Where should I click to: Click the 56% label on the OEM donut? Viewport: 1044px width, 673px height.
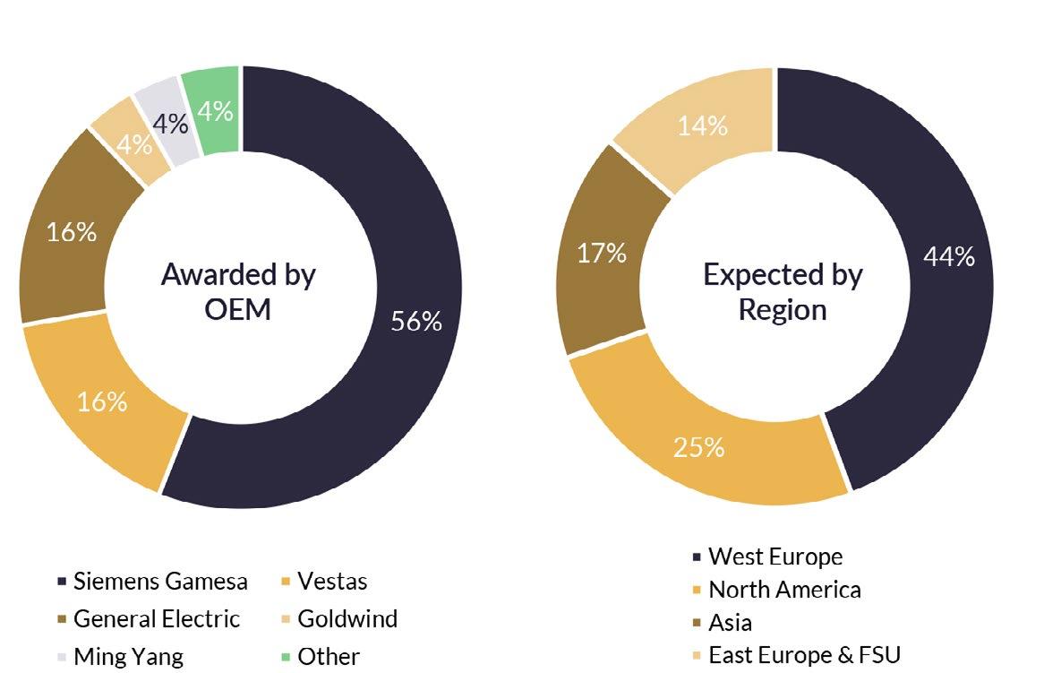click(x=416, y=321)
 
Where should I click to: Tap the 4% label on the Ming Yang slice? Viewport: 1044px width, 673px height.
click(x=170, y=124)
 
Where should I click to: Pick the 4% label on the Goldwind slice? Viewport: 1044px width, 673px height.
click(x=134, y=144)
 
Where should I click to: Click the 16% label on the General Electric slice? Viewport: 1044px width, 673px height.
click(x=72, y=232)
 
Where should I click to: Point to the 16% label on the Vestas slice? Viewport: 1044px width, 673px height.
click(x=102, y=401)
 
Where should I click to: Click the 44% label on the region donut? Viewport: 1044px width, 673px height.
click(x=949, y=256)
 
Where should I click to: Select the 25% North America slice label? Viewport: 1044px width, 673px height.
click(x=698, y=447)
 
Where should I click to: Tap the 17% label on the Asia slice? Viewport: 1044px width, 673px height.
click(x=601, y=253)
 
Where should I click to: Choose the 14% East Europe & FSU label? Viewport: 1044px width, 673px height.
click(x=703, y=125)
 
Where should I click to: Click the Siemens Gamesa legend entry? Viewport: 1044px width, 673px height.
click(x=153, y=582)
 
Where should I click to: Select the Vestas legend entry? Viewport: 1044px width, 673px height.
click(x=324, y=582)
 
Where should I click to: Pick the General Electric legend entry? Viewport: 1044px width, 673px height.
click(x=150, y=619)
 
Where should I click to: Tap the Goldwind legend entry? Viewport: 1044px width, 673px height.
click(x=339, y=619)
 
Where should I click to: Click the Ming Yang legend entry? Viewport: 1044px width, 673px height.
click(x=121, y=657)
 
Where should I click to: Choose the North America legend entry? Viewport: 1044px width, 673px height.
click(x=777, y=590)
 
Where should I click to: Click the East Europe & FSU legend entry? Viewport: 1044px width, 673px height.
click(x=797, y=655)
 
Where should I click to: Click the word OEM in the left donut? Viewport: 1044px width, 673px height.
click(x=237, y=310)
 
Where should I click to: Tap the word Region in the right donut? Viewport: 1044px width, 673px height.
click(x=783, y=311)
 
